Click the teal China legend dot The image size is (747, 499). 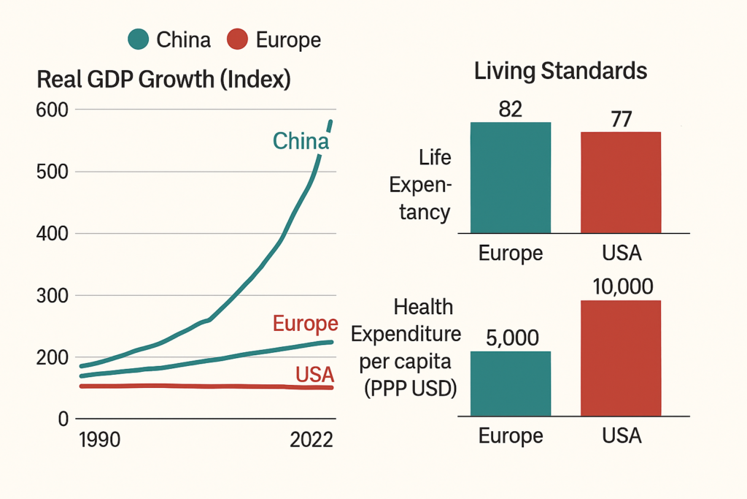tap(139, 39)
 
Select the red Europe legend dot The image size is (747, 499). tap(239, 39)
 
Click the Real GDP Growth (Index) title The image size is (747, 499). tap(163, 80)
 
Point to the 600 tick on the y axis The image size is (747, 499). tap(53, 110)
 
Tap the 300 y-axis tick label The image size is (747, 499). tap(53, 296)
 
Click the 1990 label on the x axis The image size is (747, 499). tap(99, 440)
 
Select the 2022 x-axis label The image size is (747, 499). tap(311, 440)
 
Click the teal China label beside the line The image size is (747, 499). tap(301, 141)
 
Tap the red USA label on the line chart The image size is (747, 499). tap(314, 375)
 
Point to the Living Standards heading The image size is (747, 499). tap(560, 72)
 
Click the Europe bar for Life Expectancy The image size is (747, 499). tap(511, 178)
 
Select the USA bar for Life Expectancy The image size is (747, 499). tap(621, 182)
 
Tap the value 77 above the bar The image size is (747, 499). tap(621, 118)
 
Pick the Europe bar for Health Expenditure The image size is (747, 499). tap(511, 384)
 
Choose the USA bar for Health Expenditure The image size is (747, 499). tap(621, 359)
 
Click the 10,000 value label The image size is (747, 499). tap(622, 286)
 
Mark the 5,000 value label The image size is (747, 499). tap(511, 338)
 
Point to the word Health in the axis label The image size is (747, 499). tap(423, 307)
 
